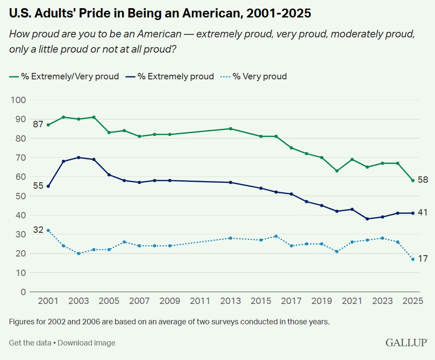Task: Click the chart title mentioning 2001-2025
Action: [160, 12]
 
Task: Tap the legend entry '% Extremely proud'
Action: [172, 76]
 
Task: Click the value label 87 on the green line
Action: [38, 124]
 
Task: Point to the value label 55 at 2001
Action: [38, 186]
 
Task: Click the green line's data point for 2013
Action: [231, 129]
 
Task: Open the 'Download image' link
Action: [86, 343]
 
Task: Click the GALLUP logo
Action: [406, 343]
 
